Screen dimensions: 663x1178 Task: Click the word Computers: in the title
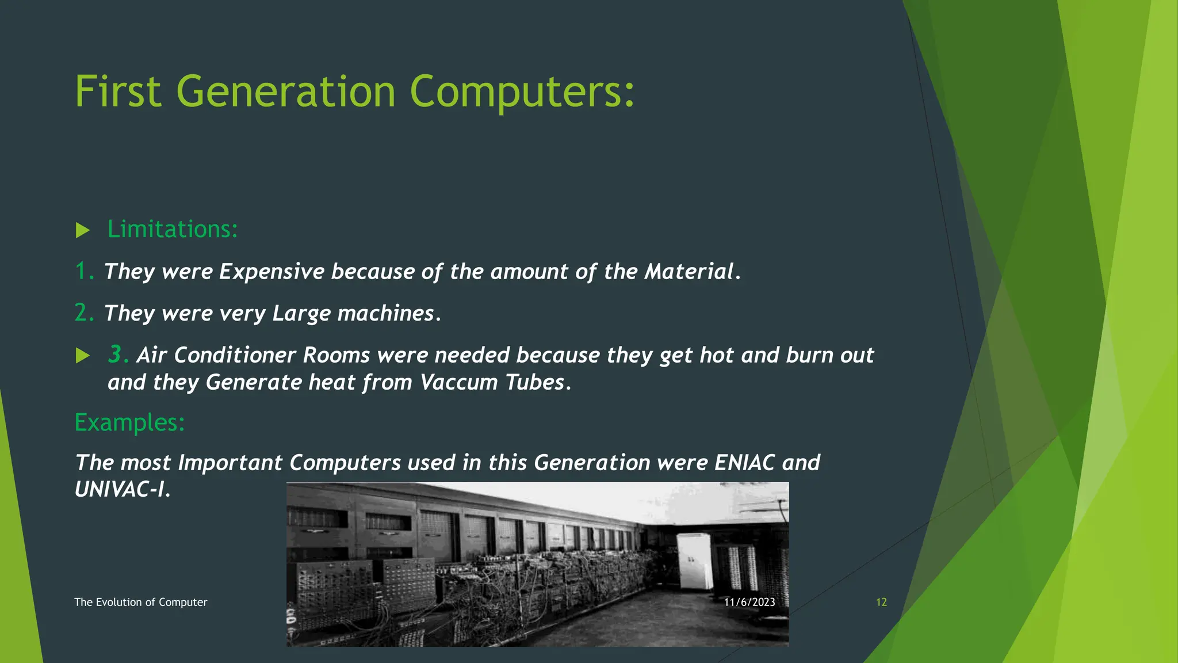[x=522, y=92]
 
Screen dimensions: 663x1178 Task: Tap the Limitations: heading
[x=173, y=229]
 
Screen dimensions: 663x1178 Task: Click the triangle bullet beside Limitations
[x=83, y=231]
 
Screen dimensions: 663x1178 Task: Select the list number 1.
[x=84, y=271]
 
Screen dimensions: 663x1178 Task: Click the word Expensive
[x=271, y=272]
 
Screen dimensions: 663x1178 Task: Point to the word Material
[x=689, y=272]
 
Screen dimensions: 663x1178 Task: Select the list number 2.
[x=84, y=313]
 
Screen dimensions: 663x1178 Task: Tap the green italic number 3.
[x=117, y=355]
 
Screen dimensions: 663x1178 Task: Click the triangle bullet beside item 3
[x=83, y=356]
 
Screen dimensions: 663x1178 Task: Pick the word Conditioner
[x=235, y=355]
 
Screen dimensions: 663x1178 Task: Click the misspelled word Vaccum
[x=458, y=383]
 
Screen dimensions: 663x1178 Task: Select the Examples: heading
[x=130, y=422]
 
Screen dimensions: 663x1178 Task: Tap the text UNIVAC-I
[x=122, y=490]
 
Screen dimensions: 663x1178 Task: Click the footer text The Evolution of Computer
[x=140, y=602]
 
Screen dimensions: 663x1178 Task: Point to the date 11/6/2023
[x=749, y=602]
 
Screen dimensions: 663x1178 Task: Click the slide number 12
[x=881, y=602]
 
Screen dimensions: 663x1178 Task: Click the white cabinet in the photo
[x=694, y=562]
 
